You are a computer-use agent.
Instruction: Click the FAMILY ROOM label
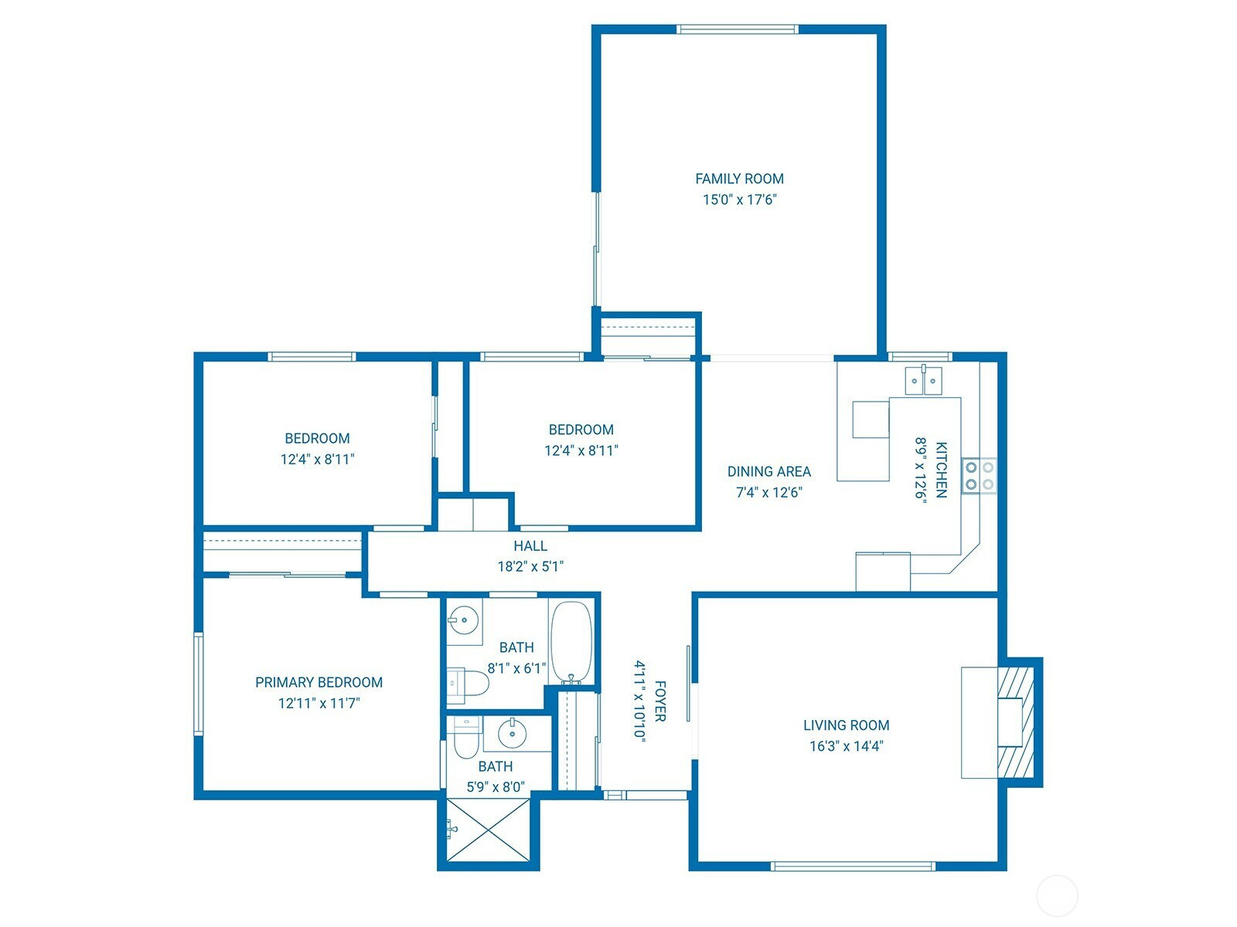(x=739, y=179)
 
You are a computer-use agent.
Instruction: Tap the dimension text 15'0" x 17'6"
(x=739, y=200)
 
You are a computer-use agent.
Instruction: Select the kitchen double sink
(x=923, y=380)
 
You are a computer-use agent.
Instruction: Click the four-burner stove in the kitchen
(x=979, y=476)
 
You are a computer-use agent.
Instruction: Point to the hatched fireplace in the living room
(x=1016, y=723)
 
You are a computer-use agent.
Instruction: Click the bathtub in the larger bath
(x=571, y=642)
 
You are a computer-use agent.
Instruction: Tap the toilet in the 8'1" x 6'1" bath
(x=468, y=684)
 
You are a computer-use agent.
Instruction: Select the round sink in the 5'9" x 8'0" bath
(x=512, y=733)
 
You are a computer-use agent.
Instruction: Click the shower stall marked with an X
(x=488, y=830)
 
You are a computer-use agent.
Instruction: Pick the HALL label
(x=530, y=546)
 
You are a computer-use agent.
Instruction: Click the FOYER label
(x=660, y=701)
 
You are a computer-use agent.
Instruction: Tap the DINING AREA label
(x=768, y=472)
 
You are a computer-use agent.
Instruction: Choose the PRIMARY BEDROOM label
(x=319, y=682)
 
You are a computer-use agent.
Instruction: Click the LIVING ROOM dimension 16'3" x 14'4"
(x=846, y=746)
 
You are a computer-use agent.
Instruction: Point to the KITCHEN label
(x=941, y=470)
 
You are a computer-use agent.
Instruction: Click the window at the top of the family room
(x=737, y=29)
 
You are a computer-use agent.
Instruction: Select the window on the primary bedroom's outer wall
(x=199, y=684)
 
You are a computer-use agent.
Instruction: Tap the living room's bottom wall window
(x=853, y=866)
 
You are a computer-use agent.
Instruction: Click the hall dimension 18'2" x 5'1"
(x=530, y=567)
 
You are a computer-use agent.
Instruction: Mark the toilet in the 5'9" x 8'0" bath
(x=466, y=737)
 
